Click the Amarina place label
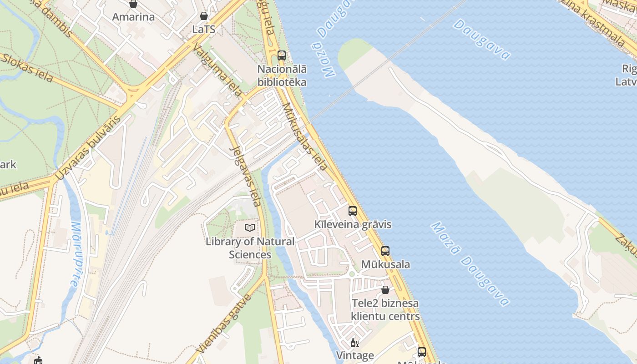133,17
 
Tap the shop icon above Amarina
133,4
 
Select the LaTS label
203,29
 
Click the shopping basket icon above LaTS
204,16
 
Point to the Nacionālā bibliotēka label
282,76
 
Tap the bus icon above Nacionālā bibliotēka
282,56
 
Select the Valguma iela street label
217,71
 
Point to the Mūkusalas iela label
304,136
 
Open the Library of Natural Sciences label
250,248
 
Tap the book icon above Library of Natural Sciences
250,227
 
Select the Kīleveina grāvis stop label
353,225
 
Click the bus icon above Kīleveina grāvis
353,211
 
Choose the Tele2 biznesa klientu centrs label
385,309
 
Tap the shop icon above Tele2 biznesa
385,290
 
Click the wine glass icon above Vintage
354,343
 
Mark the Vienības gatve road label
224,324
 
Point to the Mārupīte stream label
76,254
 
